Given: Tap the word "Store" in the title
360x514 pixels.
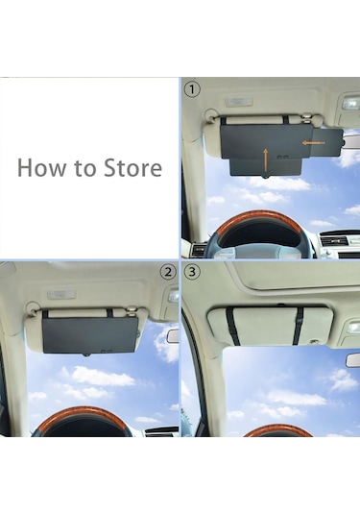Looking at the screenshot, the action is [x=132, y=167].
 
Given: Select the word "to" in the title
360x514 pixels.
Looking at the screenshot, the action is [x=85, y=168].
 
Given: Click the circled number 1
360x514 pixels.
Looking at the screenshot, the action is [x=192, y=89].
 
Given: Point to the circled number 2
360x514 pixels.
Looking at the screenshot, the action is [x=168, y=272].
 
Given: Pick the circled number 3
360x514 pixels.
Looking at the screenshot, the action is [x=192, y=272].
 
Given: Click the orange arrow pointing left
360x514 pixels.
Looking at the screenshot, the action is [x=313, y=142].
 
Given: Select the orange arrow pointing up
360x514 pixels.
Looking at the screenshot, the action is [x=266, y=159].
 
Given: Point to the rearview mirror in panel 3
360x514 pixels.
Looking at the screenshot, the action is [x=353, y=360].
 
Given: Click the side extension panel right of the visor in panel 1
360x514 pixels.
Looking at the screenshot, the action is [x=327, y=142].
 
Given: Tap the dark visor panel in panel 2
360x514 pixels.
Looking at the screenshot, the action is [x=89, y=335].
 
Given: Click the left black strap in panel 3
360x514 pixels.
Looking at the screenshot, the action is [x=232, y=326].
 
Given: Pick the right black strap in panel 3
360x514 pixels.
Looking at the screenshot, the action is [x=299, y=326].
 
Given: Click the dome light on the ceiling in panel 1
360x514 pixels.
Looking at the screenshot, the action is [x=239, y=102].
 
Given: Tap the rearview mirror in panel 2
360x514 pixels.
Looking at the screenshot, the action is [x=173, y=336].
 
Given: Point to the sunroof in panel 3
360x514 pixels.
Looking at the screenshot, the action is [x=295, y=277].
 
